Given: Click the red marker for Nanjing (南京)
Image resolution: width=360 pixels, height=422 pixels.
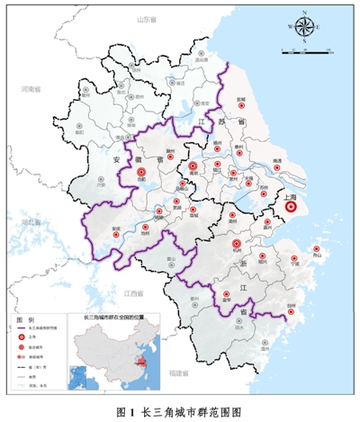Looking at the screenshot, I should click(x=193, y=166).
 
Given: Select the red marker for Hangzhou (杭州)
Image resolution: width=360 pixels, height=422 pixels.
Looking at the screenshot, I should click(x=237, y=243).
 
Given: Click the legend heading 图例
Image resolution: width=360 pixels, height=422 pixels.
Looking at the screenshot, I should click(x=26, y=319).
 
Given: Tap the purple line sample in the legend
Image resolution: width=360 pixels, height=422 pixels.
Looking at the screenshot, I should click(x=25, y=332).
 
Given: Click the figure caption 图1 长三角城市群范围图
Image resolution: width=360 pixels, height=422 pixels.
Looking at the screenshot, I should click(x=180, y=411).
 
